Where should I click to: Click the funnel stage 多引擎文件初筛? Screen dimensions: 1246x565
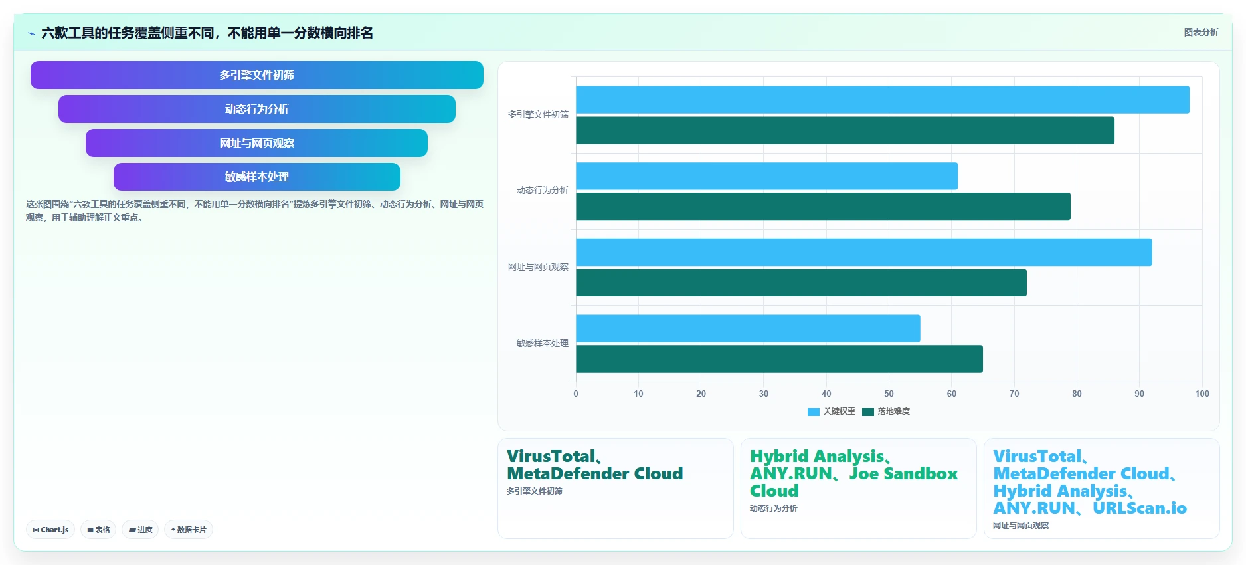[x=257, y=75]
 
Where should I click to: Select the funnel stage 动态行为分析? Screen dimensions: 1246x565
[x=257, y=109]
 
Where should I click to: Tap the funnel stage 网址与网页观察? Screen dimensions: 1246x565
[x=257, y=143]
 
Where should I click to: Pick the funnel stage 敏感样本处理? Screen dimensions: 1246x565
[x=257, y=177]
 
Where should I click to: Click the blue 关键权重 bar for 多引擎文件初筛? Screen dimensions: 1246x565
[x=883, y=100]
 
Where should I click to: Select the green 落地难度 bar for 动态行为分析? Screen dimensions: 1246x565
[x=823, y=207]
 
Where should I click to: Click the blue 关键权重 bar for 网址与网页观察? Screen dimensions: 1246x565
[x=864, y=252]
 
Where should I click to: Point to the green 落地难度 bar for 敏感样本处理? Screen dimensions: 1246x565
[x=779, y=359]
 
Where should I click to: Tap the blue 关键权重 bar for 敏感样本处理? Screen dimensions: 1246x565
[x=748, y=328]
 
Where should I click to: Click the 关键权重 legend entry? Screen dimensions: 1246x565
[x=832, y=411]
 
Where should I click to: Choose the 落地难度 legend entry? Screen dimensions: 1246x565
[x=886, y=411]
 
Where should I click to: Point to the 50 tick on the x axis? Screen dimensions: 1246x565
[x=889, y=394]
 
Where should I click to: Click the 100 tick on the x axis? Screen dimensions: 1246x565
[x=1202, y=394]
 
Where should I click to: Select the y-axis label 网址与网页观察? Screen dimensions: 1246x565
[x=538, y=267]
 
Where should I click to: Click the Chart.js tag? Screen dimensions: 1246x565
[x=50, y=530]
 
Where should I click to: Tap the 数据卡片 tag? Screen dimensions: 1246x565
[x=189, y=530]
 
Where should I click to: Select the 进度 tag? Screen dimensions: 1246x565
[x=140, y=530]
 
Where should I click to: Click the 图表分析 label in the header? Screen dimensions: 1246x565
[x=1201, y=32]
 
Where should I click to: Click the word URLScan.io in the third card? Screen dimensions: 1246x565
[x=1140, y=508]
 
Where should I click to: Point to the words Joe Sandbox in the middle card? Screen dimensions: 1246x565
[x=903, y=473]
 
